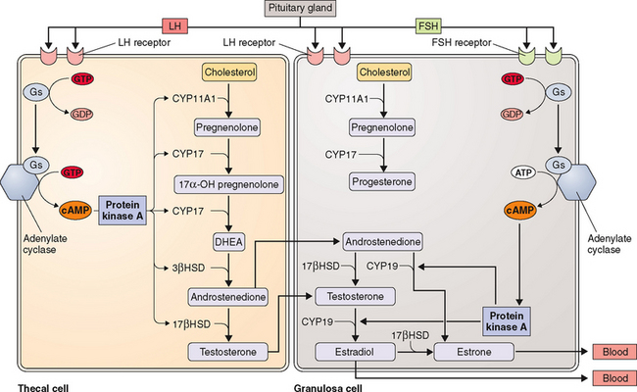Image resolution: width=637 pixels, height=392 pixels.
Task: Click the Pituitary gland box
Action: click(319, 9)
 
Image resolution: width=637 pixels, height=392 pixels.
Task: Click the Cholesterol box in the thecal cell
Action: click(229, 72)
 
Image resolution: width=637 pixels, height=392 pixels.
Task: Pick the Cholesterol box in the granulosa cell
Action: click(383, 72)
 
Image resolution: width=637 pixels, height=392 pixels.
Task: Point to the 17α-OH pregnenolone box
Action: click(229, 183)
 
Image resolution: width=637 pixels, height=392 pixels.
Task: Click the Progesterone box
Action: click(383, 183)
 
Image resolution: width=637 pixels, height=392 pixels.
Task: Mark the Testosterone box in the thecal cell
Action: click(229, 350)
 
